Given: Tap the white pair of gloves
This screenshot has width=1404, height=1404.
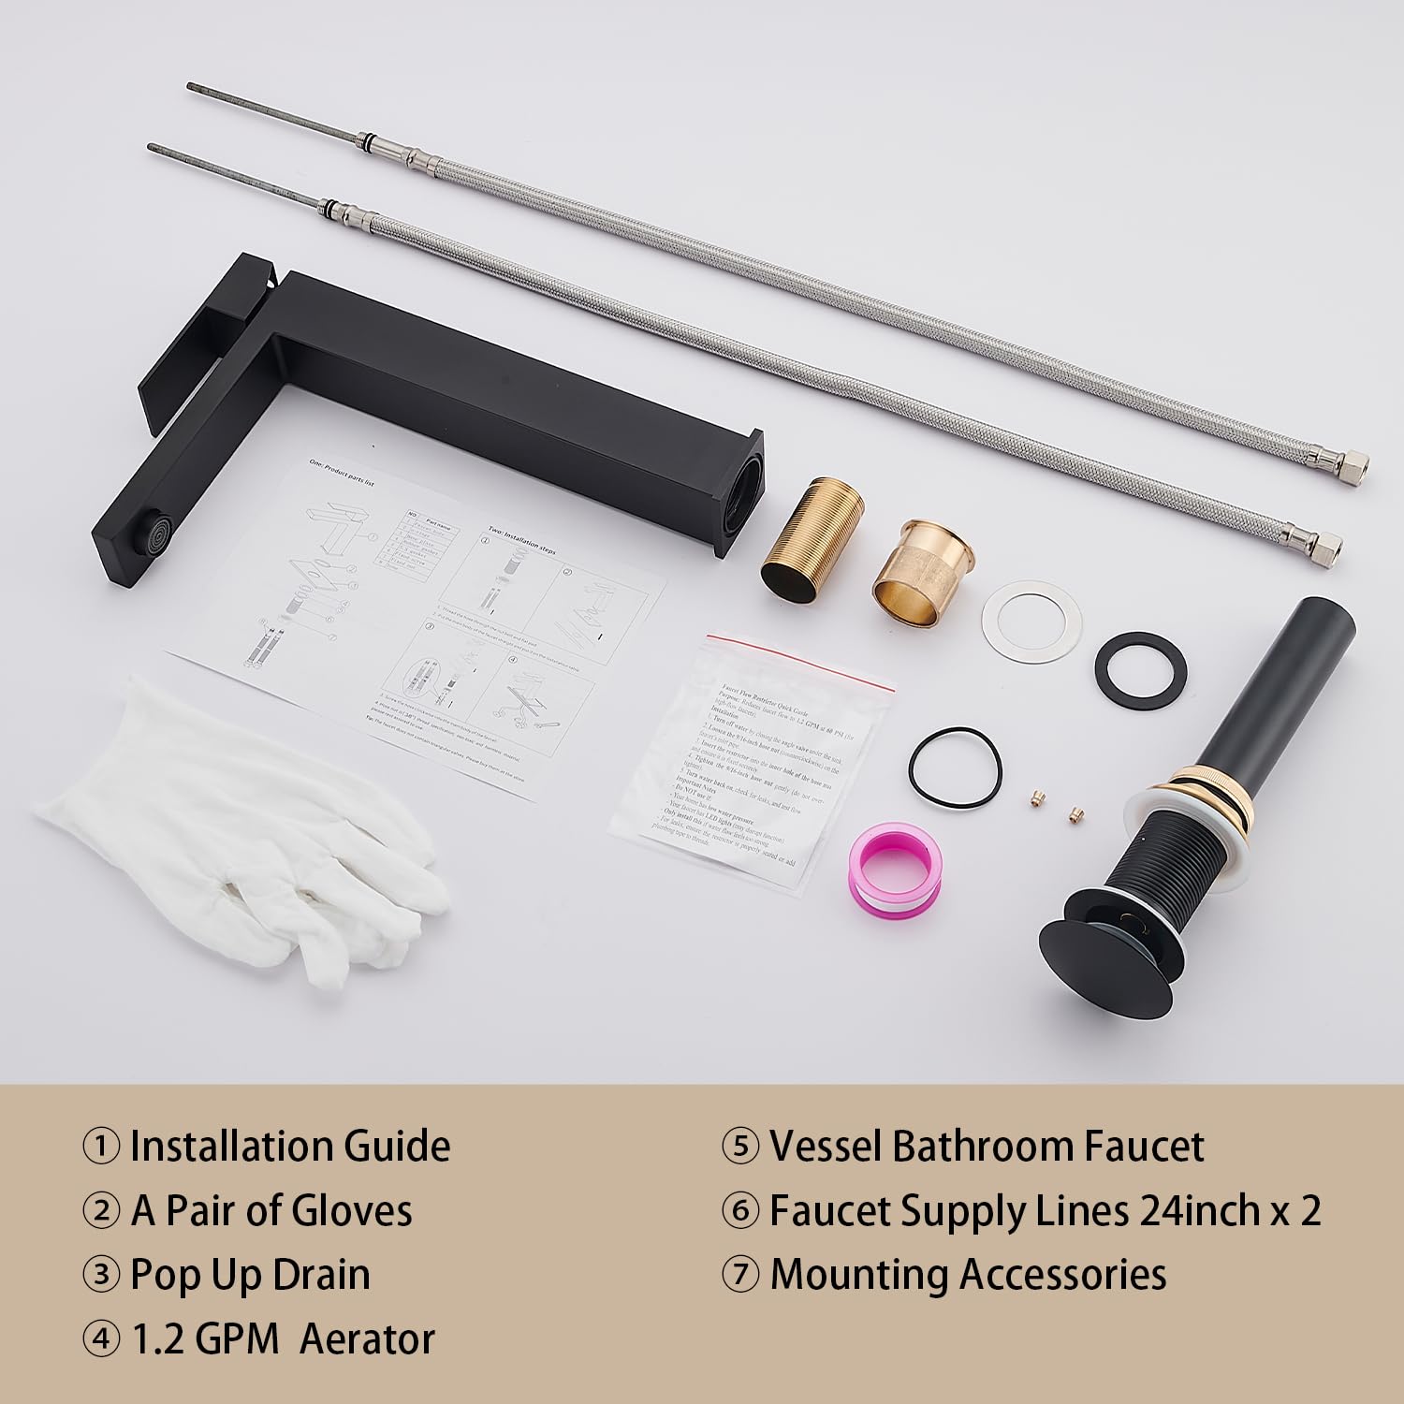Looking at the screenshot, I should (253, 824).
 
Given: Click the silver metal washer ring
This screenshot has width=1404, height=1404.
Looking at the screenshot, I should (1031, 618).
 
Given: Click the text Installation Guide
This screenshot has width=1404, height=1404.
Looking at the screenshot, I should (289, 1146).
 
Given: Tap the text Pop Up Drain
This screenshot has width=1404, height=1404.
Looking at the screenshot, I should (250, 1275).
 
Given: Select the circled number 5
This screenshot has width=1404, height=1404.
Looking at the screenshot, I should (739, 1147).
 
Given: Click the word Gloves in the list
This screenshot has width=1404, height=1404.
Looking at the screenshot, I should (352, 1210).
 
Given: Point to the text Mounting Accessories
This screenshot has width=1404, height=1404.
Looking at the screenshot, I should (968, 1275).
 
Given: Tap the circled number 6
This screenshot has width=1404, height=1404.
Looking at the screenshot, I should (739, 1211).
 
